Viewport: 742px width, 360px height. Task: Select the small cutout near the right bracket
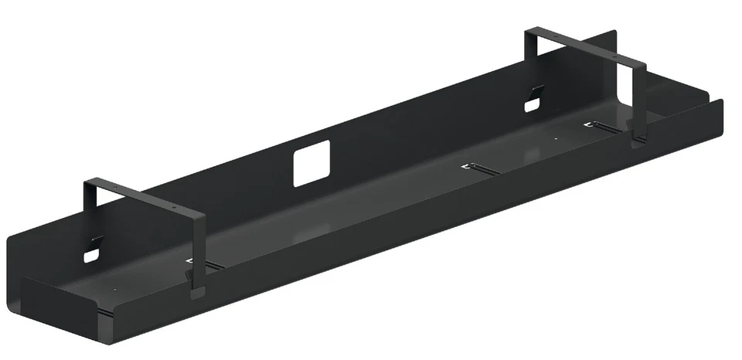click(532, 103)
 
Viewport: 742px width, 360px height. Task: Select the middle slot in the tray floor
click(480, 168)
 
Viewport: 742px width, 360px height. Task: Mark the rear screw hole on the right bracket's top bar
click(558, 39)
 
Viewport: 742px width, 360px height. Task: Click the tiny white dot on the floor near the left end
click(115, 290)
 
